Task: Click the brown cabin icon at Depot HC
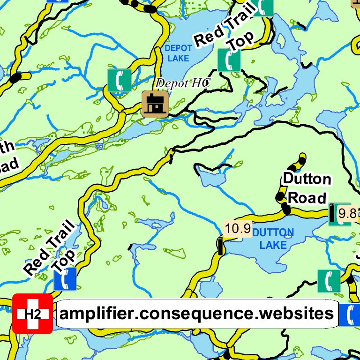(155, 104)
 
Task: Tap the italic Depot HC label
(183, 83)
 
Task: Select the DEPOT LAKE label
(178, 53)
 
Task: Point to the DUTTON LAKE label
(273, 238)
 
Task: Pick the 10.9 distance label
(238, 228)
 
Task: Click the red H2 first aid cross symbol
(32, 314)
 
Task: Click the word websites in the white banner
(294, 313)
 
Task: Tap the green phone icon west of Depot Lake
(120, 80)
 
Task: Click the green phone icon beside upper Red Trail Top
(229, 60)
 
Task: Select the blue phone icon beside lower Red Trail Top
(65, 279)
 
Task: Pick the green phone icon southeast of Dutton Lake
(329, 281)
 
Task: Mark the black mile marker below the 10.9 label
(220, 246)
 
